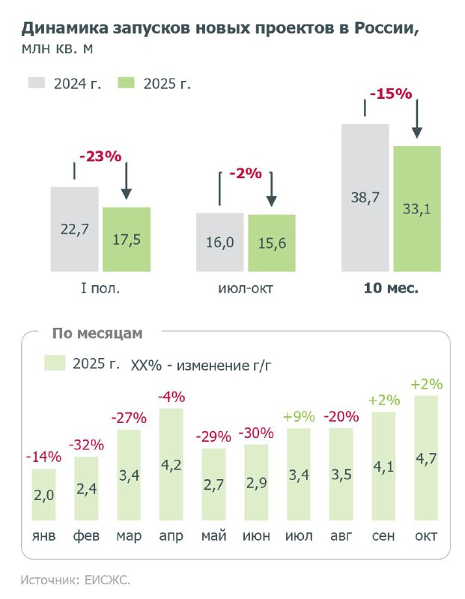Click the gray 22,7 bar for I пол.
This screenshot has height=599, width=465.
pyautogui.click(x=75, y=229)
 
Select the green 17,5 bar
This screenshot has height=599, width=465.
pyautogui.click(x=127, y=240)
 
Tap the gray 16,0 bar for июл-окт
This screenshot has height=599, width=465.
pyautogui.click(x=219, y=242)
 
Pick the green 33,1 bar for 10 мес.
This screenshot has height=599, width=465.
pyautogui.click(x=417, y=209)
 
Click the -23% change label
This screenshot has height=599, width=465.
pyautogui.click(x=100, y=156)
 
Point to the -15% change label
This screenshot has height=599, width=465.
pyautogui.click(x=391, y=94)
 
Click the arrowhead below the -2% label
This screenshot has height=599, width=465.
pyautogui.click(x=271, y=201)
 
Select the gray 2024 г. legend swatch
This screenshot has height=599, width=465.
pyautogui.click(x=37, y=83)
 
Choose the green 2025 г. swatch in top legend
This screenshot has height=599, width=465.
pyautogui.click(x=126, y=83)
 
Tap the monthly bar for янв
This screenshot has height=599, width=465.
pyautogui.click(x=43, y=494)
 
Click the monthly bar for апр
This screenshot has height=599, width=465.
pyautogui.click(x=171, y=464)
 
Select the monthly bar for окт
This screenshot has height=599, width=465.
pyautogui.click(x=426, y=458)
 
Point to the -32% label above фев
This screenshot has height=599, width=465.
pyautogui.click(x=86, y=445)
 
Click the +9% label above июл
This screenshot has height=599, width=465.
pyautogui.click(x=299, y=416)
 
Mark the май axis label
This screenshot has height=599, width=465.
pyautogui.click(x=214, y=535)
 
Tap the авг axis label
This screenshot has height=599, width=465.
pyautogui.click(x=341, y=535)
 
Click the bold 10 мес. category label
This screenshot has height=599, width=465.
pyautogui.click(x=391, y=288)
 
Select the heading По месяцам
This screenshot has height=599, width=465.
pyautogui.click(x=97, y=333)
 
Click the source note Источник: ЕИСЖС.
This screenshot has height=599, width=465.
pyautogui.click(x=76, y=580)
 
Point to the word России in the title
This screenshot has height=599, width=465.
pyautogui.click(x=386, y=28)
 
